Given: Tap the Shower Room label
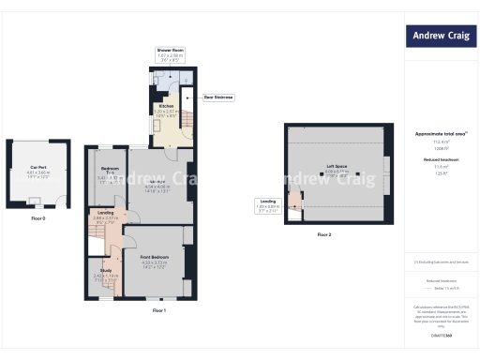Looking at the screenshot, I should pos(170,50).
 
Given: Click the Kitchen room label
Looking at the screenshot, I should pos(165,107).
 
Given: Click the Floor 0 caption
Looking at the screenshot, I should pos(38,217).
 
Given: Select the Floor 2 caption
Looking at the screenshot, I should pos(322,234).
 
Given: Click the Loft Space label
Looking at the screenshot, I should pos(337,167).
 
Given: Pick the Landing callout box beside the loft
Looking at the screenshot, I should pos(268,203).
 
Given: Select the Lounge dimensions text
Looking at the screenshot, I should pos(157,187).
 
